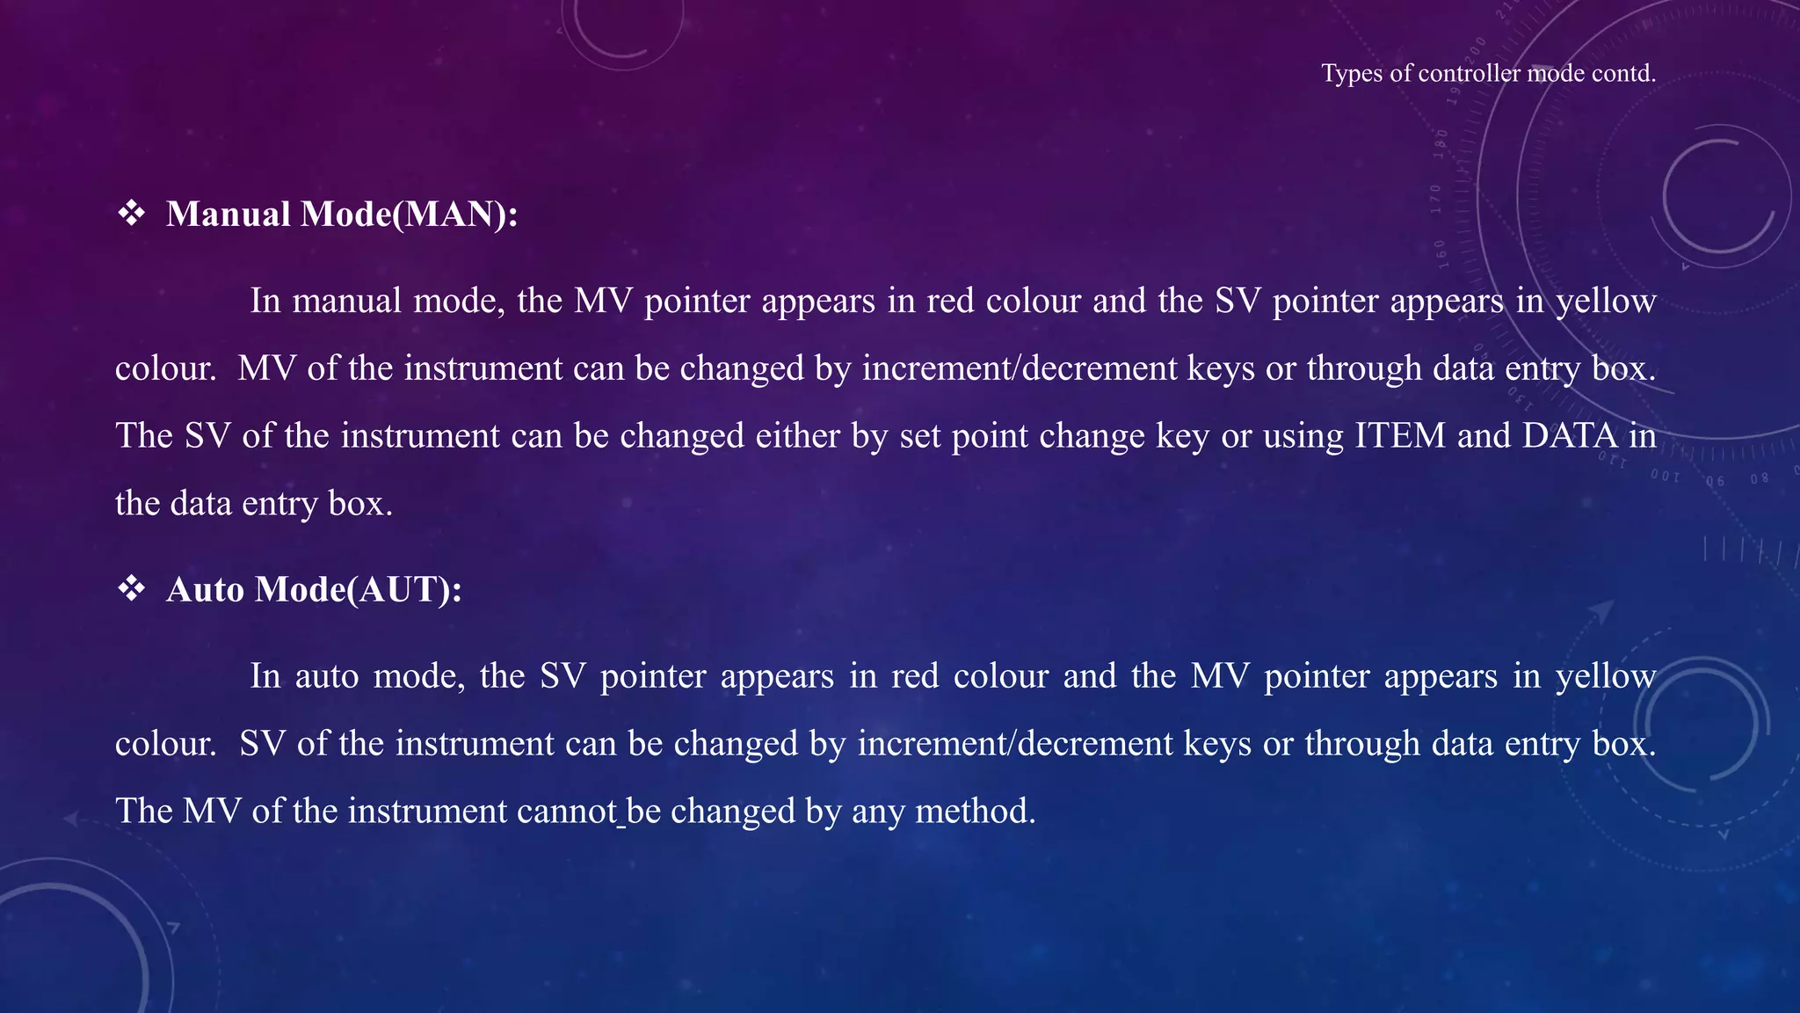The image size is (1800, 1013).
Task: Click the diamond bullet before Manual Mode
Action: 132,214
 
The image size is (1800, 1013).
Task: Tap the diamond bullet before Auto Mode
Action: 132,588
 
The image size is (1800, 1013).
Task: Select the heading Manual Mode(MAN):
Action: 342,215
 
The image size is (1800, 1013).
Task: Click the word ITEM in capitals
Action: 1399,436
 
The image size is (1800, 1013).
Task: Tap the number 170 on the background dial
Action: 1435,199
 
